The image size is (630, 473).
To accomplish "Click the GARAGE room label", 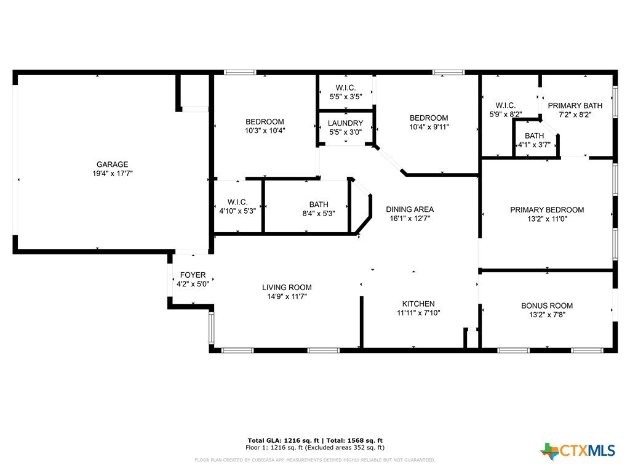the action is tap(112, 164).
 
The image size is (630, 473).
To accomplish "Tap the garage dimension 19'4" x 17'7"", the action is tap(112, 173).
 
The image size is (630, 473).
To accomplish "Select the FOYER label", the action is tap(193, 275).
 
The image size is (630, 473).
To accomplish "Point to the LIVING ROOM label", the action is tap(287, 287).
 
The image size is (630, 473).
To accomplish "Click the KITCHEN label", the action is tap(418, 304).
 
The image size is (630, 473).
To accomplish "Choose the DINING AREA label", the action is tap(410, 209).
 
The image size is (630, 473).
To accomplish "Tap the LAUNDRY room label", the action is tap(346, 123).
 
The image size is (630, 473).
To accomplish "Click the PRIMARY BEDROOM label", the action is tap(547, 209).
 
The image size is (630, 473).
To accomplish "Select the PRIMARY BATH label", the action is tap(575, 105).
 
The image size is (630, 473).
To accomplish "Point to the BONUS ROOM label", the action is tap(547, 305).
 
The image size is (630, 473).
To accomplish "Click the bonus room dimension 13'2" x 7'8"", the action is tap(547, 315).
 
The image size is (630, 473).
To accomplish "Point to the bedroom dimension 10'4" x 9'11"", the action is tap(429, 127).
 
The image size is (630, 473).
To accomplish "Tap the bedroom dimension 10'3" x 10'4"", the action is tap(265, 131).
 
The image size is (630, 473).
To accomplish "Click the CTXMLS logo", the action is tap(577, 451).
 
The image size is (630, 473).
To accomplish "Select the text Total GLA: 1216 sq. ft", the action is tap(285, 440).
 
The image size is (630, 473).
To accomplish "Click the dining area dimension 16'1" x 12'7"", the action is tap(410, 219).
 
